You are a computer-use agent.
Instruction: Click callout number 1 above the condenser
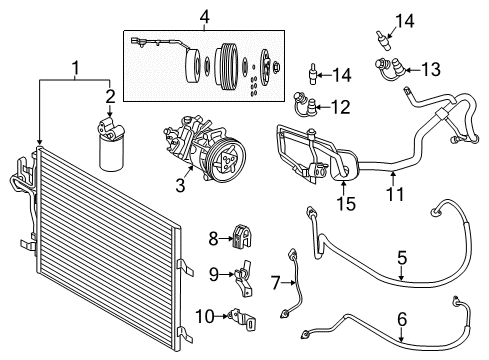pos(75,68)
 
